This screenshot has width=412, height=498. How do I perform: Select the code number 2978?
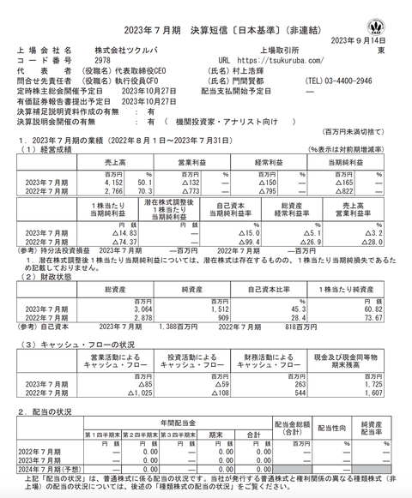point(102,61)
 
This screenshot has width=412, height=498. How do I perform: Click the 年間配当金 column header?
point(178,423)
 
